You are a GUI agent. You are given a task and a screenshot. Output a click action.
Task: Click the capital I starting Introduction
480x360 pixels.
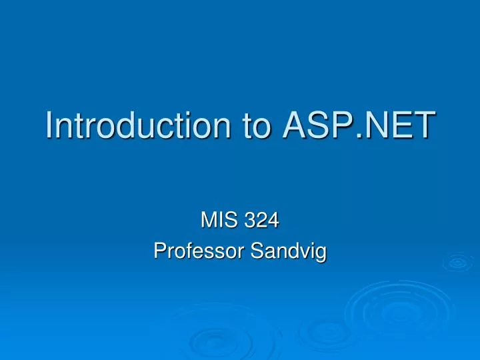coord(49,125)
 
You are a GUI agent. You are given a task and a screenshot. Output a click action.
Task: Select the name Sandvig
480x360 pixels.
coord(288,251)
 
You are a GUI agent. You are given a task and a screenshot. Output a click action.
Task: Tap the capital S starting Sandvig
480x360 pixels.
coord(257,251)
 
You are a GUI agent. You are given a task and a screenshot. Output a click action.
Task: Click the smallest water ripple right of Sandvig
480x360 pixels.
coord(457,263)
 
